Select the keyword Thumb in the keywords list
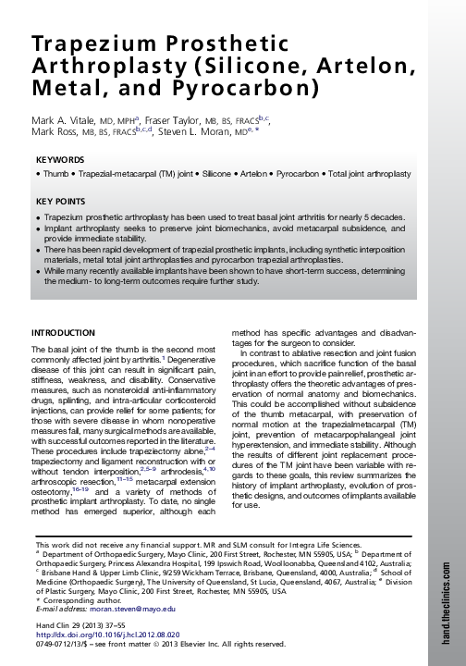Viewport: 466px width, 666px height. point(53,174)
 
